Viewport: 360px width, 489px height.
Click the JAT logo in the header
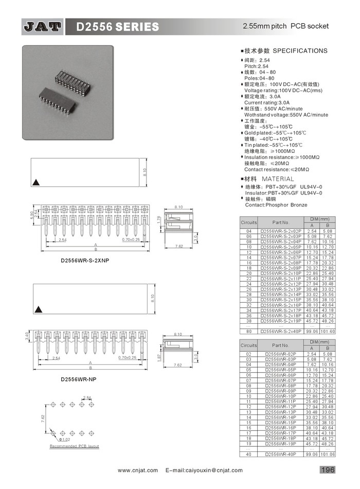tap(42, 26)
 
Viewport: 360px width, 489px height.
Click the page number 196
tap(328, 469)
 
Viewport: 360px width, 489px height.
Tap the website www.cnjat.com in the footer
tap(136, 470)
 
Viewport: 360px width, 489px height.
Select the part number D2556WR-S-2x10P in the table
tap(281, 273)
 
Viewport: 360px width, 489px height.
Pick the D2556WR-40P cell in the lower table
tap(281, 455)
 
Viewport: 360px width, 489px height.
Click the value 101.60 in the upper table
tap(328, 331)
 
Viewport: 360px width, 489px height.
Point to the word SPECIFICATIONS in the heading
tap(300, 51)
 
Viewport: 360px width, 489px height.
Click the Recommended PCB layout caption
tap(74, 446)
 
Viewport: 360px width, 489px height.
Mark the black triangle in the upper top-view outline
tap(36, 182)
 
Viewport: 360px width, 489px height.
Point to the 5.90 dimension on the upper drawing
tap(31, 214)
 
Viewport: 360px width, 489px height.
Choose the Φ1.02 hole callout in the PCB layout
tap(65, 439)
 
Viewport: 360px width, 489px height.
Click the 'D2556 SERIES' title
tap(118, 26)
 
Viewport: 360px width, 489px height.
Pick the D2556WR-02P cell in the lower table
tap(281, 354)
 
